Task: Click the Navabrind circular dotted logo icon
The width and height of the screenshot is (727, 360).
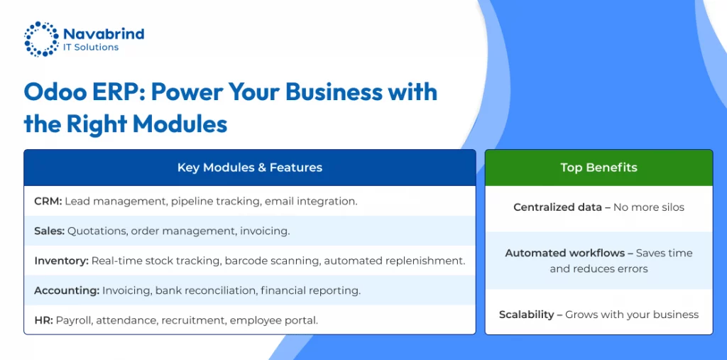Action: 41,39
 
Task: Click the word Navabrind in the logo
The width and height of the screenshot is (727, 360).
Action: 104,34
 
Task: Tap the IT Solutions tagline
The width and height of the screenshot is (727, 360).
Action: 91,48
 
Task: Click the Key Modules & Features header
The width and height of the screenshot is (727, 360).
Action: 250,168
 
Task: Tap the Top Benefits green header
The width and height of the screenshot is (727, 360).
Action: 598,168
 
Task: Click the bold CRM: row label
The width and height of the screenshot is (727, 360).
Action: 48,202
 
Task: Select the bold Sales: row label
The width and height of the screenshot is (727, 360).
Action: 49,231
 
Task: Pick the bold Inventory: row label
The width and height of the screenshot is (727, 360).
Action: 61,261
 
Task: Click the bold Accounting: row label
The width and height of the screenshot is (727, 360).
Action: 67,291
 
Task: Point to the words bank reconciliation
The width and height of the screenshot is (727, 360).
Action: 206,291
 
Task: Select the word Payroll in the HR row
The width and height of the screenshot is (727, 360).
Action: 74,320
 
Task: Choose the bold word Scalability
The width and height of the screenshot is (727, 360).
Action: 526,315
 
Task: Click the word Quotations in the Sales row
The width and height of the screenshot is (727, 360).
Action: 97,231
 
